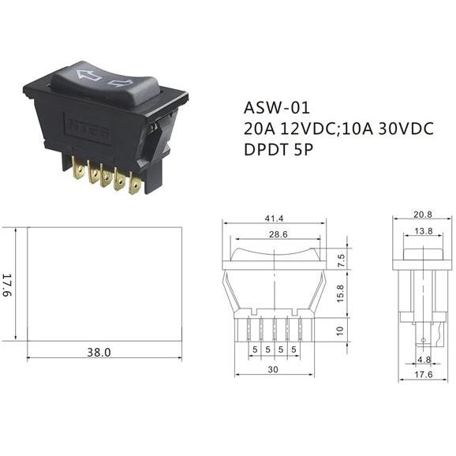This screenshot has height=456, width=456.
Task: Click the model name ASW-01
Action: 277,107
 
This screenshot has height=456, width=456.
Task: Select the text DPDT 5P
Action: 278,150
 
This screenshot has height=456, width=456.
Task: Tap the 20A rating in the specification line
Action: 259,129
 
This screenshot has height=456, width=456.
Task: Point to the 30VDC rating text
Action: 406,129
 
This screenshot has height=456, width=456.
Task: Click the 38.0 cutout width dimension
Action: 99,353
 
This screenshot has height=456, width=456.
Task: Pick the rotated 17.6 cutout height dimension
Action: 6,285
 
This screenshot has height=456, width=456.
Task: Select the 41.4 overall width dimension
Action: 274,218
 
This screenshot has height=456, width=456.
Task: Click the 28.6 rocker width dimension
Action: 278,234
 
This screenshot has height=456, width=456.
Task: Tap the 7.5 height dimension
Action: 341,260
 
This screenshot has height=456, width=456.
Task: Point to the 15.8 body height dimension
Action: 340,293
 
